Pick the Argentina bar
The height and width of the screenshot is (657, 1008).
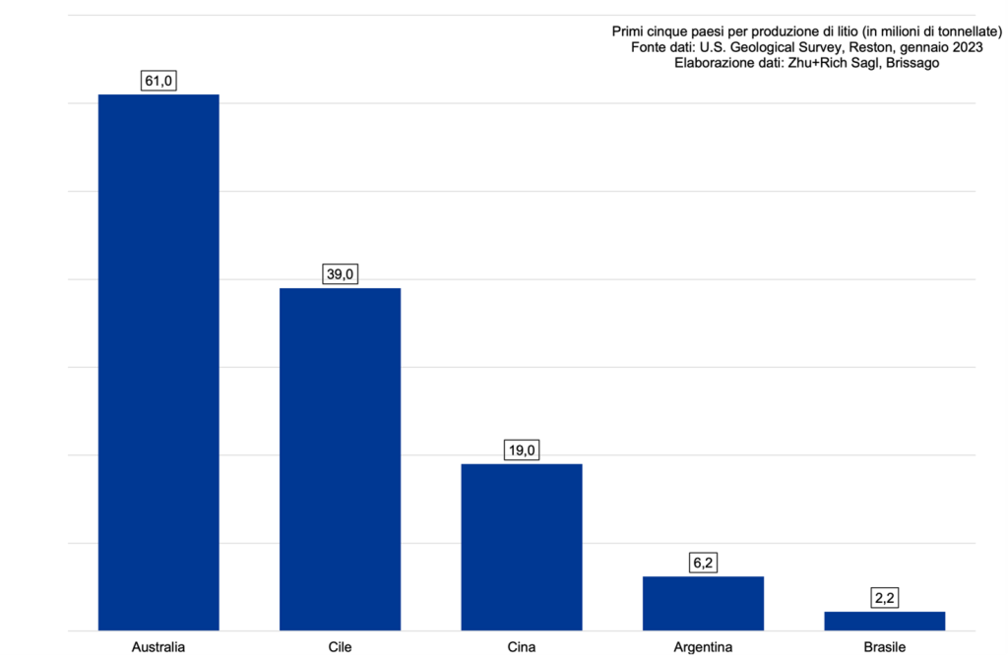703,603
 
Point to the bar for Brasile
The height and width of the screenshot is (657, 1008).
884,621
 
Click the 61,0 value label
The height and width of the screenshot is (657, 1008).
158,82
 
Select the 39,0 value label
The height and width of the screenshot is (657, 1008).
340,275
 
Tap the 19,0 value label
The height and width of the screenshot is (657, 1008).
522,451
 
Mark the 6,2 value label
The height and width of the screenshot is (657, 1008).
703,564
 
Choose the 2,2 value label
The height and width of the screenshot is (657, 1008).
884,599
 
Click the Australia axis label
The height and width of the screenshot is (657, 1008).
158,646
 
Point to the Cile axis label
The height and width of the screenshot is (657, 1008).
340,646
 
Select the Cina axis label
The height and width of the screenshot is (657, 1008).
522,646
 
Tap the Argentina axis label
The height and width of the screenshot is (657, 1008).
703,646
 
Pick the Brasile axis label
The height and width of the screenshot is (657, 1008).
884,646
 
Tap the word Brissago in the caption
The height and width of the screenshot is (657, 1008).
913,63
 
